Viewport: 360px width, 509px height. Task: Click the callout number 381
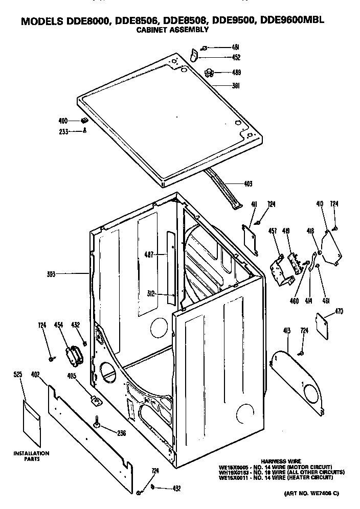[x=236, y=86]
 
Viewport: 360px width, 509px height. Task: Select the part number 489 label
[x=236, y=72]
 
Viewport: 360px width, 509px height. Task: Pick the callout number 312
[x=150, y=294]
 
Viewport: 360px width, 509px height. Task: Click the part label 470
[x=339, y=311]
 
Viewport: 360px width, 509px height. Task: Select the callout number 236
[x=121, y=433]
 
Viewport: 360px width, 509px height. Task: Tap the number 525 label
[x=17, y=375]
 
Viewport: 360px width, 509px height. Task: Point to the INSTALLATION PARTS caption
[x=31, y=456]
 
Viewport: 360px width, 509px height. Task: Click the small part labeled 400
[x=84, y=121]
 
